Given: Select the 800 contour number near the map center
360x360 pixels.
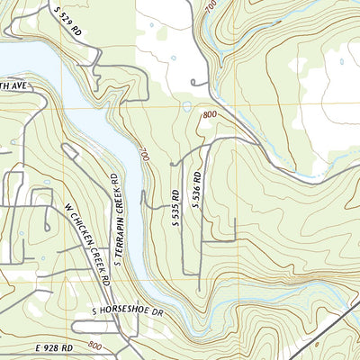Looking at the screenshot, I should [210, 115].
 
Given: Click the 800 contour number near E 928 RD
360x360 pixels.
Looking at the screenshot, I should [96, 346].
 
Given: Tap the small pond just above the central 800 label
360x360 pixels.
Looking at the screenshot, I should [185, 106].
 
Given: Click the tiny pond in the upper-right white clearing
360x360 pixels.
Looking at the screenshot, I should [341, 62].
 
